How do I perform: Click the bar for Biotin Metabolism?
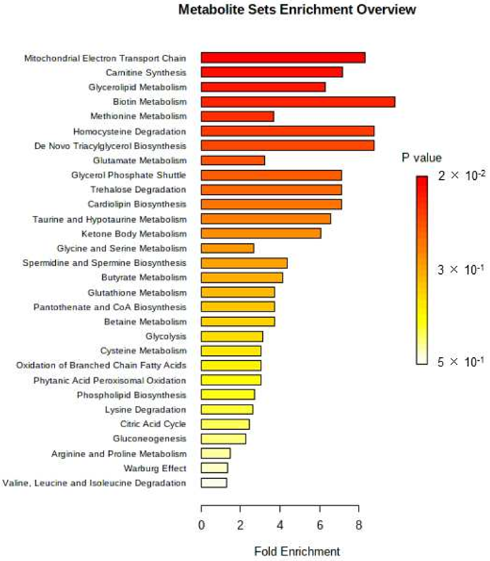click(298, 102)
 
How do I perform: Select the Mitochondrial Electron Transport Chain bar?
click(283, 58)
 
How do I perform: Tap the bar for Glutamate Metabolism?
click(233, 160)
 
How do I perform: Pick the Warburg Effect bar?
click(214, 468)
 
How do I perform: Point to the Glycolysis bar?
click(232, 336)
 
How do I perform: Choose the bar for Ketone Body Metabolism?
click(261, 233)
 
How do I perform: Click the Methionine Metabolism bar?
click(237, 116)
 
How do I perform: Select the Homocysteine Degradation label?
click(130, 132)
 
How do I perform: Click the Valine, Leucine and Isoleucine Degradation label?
click(94, 483)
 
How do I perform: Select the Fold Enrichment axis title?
click(297, 551)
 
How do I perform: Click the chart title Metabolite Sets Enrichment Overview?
click(297, 10)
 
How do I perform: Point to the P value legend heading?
click(421, 158)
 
